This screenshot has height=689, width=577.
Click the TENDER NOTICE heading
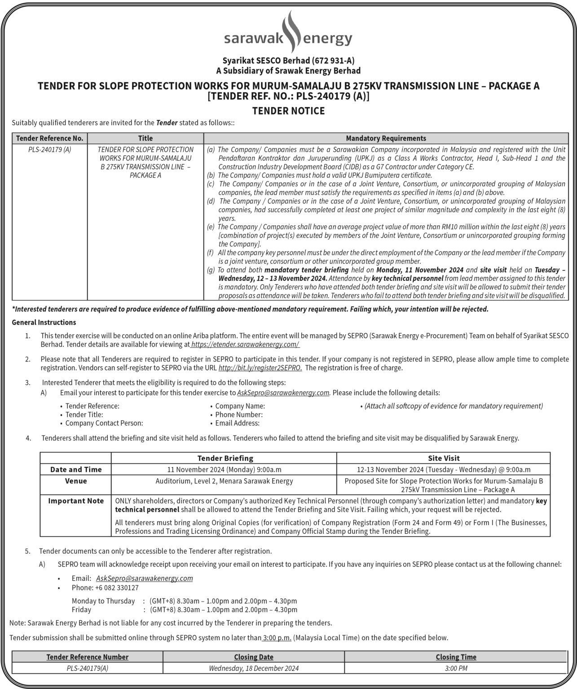[288, 111]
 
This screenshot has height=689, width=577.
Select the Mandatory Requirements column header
[386, 138]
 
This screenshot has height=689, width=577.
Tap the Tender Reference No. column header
[49, 138]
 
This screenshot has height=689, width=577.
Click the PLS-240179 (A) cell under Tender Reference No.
[49, 149]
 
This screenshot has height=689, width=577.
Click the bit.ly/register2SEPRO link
[260, 368]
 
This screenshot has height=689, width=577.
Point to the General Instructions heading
[44, 322]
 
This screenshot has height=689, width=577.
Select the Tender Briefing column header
[225, 458]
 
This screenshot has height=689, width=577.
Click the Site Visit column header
[444, 458]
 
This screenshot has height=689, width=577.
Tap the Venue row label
[76, 481]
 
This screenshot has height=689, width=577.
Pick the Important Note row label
[76, 501]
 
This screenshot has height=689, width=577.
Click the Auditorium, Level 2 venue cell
[224, 481]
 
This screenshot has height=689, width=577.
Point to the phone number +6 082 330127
[105, 588]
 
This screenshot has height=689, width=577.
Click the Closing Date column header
[254, 657]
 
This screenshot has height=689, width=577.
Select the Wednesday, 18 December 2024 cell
[254, 668]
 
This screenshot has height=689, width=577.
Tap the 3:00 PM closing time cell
[456, 668]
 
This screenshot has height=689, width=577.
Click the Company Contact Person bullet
[104, 423]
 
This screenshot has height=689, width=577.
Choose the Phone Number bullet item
[239, 414]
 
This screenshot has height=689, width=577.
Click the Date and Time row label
[76, 470]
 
